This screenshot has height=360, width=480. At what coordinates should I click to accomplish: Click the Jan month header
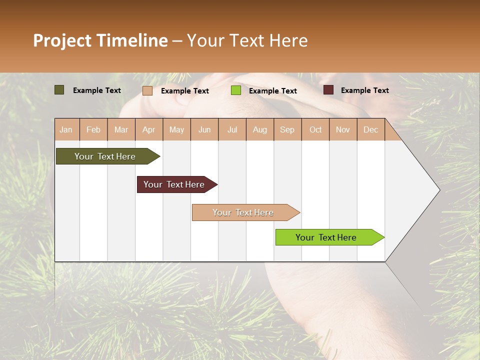[x=66, y=129]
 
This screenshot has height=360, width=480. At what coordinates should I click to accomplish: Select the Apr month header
[x=149, y=129]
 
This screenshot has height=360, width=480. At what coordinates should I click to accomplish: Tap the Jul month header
[x=232, y=129]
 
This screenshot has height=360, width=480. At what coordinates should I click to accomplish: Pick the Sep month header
[x=287, y=129]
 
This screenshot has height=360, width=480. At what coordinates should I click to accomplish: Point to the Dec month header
[x=370, y=129]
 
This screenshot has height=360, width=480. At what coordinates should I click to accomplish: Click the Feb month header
[x=93, y=129]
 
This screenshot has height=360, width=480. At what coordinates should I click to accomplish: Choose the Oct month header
[x=315, y=129]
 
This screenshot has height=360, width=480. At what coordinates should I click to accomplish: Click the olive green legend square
[x=59, y=90]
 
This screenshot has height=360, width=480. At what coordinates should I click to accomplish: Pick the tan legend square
[x=147, y=90]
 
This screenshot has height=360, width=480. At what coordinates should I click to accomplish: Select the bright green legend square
[x=236, y=90]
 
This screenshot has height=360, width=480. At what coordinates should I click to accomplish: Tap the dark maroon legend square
[x=328, y=90]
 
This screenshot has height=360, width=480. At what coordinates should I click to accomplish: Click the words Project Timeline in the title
[x=100, y=40]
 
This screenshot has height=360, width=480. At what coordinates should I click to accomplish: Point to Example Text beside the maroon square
[x=364, y=90]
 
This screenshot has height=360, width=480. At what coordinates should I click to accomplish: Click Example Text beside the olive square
[x=96, y=90]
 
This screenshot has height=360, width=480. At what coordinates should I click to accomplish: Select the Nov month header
[x=343, y=129]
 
